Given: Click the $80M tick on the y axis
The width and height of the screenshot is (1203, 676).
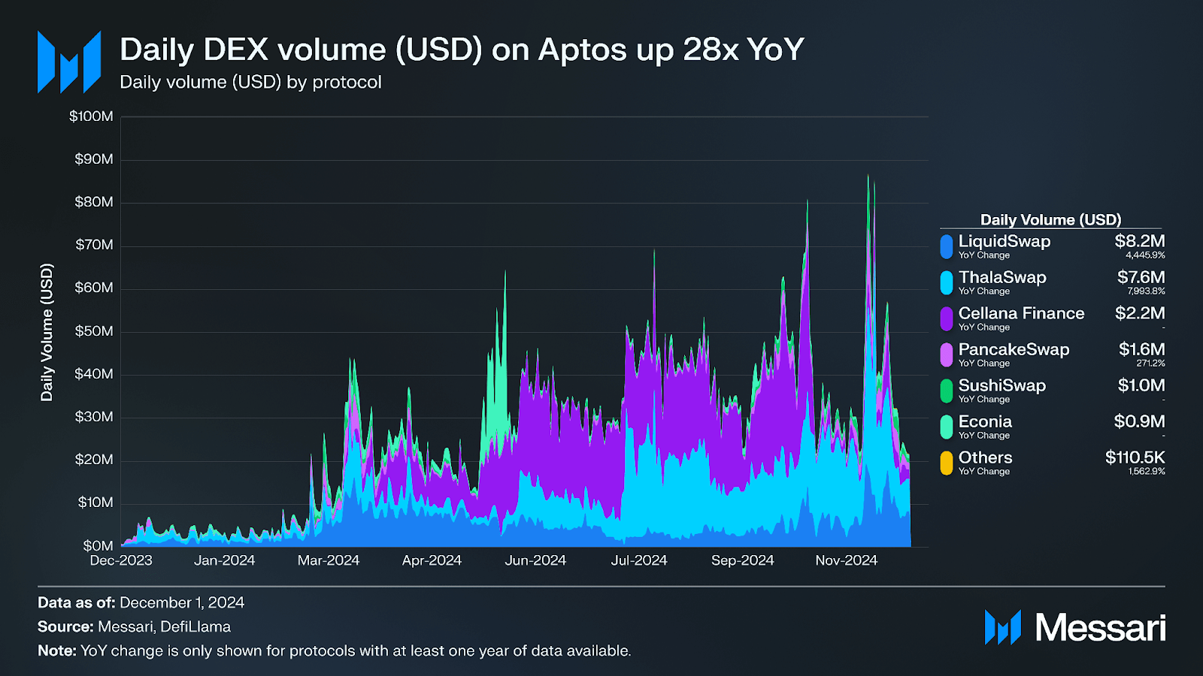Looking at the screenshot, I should [x=94, y=202].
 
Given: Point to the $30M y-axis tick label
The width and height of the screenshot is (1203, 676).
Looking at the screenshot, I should [x=94, y=417].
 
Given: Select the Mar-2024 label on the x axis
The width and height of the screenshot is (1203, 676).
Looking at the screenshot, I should [x=329, y=560].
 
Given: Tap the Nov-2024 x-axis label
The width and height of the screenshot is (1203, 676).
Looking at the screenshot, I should [x=846, y=560].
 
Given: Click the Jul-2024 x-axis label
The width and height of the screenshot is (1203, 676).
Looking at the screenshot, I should [x=639, y=560].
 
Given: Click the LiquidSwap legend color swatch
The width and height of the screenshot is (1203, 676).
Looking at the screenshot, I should [x=947, y=246].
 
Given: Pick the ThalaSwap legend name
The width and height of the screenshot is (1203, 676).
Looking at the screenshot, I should [x=1002, y=277].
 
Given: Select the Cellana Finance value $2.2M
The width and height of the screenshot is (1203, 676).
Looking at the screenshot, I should [x=1140, y=313].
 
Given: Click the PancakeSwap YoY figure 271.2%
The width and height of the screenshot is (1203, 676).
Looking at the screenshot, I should [x=1150, y=364].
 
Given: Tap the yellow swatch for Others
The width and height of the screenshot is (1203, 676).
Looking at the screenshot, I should [x=947, y=463].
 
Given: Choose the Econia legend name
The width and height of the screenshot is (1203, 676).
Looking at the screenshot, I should [x=985, y=421].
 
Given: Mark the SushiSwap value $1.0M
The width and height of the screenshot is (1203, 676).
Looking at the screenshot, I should [x=1141, y=385].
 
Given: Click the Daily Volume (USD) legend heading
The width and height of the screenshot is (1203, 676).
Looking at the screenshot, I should [x=1050, y=219].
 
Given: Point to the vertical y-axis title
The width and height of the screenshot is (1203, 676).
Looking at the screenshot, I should [x=47, y=332].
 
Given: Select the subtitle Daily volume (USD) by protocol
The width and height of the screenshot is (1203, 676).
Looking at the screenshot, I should [x=250, y=82].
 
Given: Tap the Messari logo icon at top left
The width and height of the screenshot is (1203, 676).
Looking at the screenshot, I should [x=69, y=62].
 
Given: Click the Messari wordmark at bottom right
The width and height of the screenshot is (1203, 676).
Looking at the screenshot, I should [x=1100, y=628].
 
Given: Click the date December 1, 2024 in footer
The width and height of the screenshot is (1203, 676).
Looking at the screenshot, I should [x=182, y=602].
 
